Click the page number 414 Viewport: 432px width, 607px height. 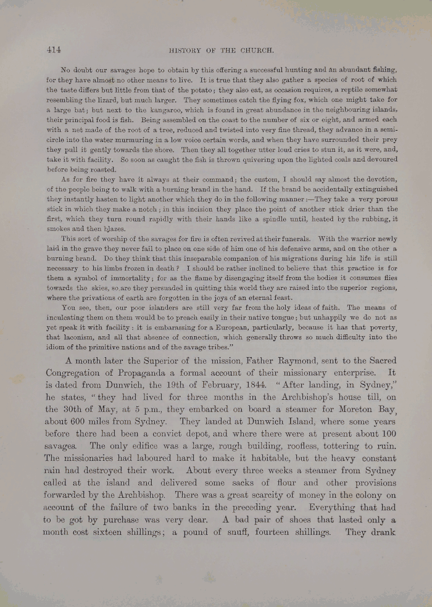[53, 51]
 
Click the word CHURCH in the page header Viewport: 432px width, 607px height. [267, 52]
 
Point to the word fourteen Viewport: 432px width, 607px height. [288, 532]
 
